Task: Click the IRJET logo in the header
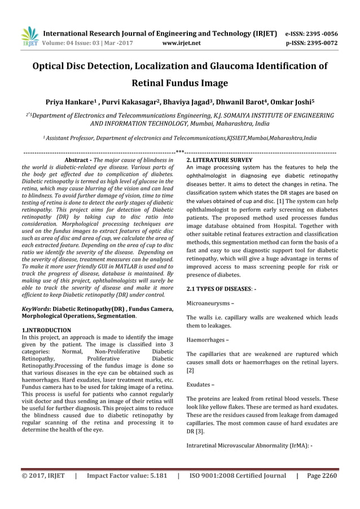[x=29, y=36]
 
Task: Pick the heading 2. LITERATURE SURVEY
[x=219, y=160]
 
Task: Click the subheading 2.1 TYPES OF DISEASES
[x=222, y=289]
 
